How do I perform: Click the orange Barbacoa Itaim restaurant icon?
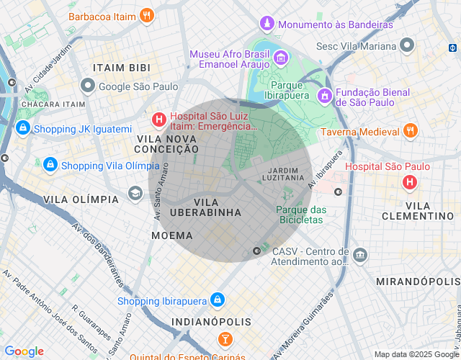(x=147, y=15)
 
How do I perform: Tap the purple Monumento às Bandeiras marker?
(x=267, y=24)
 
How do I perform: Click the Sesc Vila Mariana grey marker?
(x=408, y=46)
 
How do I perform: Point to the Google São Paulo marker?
(x=88, y=86)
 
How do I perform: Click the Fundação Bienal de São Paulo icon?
(x=324, y=94)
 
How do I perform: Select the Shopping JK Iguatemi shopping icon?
(x=22, y=129)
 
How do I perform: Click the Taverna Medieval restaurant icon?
(x=410, y=131)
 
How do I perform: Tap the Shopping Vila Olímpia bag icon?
(x=50, y=165)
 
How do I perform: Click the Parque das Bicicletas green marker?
(x=288, y=194)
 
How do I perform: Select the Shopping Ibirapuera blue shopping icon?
(x=218, y=300)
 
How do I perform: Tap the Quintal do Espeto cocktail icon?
(x=225, y=338)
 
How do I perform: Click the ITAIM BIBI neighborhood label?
(x=121, y=68)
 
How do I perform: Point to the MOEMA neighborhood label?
(x=172, y=235)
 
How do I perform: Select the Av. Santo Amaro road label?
(x=161, y=191)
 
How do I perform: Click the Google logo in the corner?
(x=24, y=351)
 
